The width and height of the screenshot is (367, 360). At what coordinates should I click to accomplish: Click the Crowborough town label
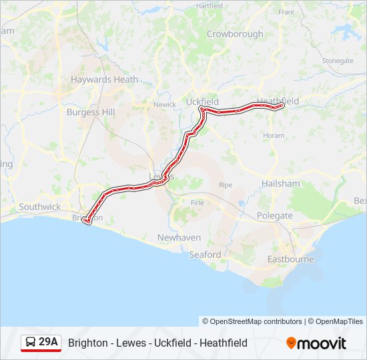coord(235,34)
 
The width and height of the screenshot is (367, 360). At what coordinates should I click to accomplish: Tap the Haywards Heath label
coord(105,79)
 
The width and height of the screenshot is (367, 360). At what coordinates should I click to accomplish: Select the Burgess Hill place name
coord(91,112)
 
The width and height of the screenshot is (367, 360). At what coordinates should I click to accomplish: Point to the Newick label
coord(164,105)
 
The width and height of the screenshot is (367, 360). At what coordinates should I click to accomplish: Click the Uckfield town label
coord(202,101)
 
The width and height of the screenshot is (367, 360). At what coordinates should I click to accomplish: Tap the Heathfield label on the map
coord(278,101)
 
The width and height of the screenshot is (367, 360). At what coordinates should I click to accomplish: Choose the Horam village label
coord(274,135)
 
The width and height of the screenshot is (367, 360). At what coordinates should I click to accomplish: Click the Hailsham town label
coord(281,183)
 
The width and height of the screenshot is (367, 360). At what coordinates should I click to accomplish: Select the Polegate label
coord(275,215)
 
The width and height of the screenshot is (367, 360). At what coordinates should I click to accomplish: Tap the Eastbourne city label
coord(290,259)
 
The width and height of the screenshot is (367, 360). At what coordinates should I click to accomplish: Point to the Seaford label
coord(205,255)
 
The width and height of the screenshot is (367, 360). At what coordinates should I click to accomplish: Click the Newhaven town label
coord(179,237)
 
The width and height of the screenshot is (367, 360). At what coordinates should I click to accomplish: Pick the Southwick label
coord(39,207)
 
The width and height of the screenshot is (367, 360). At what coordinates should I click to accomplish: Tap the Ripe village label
coord(226,185)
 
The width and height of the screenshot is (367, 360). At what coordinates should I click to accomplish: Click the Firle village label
coord(197,203)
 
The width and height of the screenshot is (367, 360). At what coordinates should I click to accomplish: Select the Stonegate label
coord(338,61)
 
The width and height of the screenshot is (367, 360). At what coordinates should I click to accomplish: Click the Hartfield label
coord(210,5)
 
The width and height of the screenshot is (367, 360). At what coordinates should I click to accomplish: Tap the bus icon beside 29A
coord(31,343)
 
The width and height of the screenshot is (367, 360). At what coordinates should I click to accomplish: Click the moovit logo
coord(316,343)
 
